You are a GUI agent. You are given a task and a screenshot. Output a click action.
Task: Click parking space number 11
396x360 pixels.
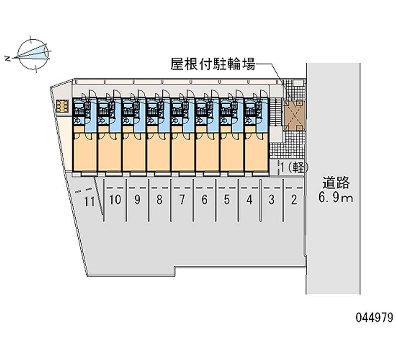click(x=89, y=202)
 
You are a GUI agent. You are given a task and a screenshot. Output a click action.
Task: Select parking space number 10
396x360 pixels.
click(x=115, y=200)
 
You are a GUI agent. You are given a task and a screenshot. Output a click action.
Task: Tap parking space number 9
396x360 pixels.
click(x=137, y=200)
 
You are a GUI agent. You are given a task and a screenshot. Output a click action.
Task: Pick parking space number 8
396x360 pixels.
click(x=159, y=200)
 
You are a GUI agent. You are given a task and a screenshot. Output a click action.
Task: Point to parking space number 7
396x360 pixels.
click(x=182, y=200)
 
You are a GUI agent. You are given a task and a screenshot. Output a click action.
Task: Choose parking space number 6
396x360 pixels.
click(x=204, y=200)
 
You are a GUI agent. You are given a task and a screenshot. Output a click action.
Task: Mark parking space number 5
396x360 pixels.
click(x=227, y=200)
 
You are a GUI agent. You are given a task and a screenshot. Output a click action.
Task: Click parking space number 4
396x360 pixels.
click(x=249, y=200)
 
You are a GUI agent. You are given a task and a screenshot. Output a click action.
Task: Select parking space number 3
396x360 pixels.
click(x=271, y=200)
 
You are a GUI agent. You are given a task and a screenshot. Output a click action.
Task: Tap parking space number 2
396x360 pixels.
click(x=294, y=200)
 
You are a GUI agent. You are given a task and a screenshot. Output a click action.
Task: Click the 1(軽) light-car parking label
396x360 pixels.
click(x=294, y=167)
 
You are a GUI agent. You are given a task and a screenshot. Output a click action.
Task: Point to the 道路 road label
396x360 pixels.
click(x=336, y=183)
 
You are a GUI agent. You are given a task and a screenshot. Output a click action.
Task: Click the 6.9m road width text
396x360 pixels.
click(x=336, y=197)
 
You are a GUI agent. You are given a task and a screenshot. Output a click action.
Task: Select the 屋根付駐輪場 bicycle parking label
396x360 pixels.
click(x=213, y=64)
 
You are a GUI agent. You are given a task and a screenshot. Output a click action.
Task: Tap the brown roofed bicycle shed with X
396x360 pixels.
click(x=294, y=116)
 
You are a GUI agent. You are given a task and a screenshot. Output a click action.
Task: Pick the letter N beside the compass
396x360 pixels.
click(x=7, y=59)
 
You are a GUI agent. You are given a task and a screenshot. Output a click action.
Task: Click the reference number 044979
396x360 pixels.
click(x=375, y=317)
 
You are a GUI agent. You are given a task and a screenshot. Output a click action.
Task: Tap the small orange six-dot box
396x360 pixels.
click(x=62, y=106)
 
